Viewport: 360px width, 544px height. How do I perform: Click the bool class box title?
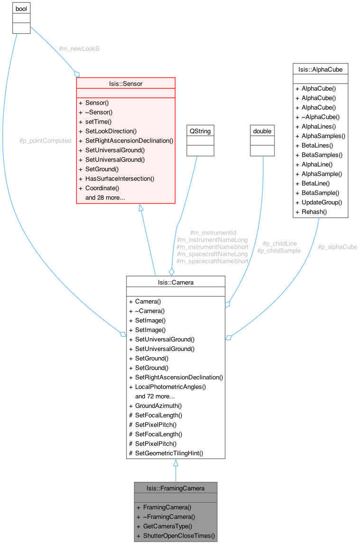pos(21,9)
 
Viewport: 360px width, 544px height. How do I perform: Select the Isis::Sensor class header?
pos(126,83)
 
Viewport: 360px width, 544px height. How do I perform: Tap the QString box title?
pos(200,131)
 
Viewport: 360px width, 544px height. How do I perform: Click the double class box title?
pos(262,131)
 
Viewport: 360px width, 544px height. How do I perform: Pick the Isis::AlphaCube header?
pos(321,69)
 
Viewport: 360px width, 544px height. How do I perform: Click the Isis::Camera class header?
pos(175,282)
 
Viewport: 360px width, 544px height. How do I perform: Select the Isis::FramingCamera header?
pos(175,488)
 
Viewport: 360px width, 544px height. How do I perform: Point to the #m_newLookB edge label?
pos(79,49)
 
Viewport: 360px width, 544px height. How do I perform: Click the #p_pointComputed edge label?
pos(45,141)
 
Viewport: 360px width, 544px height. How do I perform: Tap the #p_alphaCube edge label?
pos(337,247)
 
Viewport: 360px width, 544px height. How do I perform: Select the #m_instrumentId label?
pos(213,233)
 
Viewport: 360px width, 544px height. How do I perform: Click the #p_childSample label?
pos(279,250)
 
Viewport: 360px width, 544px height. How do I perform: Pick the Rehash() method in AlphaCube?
pos(314,212)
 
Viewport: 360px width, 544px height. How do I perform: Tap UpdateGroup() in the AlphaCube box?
pos(322,202)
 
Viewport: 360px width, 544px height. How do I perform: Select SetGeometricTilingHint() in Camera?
pos(169,453)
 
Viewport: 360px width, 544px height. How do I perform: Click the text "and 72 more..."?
pos(155,396)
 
